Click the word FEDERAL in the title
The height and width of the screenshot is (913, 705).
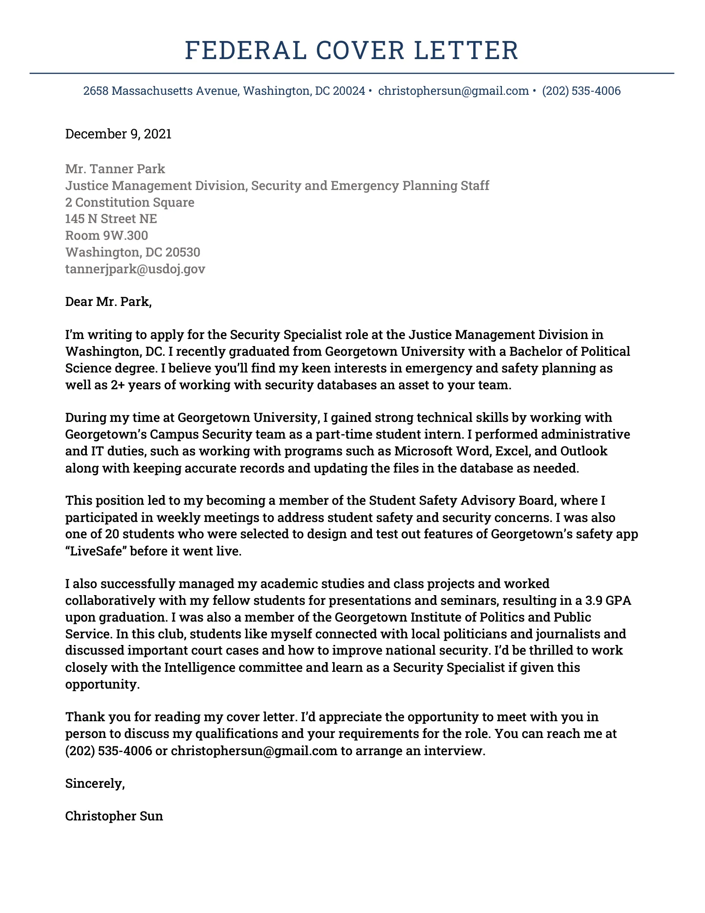pos(245,50)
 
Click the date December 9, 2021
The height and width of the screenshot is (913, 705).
pos(118,134)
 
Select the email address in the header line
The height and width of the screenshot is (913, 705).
pos(453,91)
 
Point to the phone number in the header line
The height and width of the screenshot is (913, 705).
pos(581,91)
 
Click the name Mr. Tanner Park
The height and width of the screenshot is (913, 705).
pos(115,169)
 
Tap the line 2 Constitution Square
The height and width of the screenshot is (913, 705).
pos(130,202)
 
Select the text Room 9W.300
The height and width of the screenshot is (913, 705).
pos(106,235)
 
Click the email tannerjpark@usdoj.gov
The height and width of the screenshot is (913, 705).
pos(135,269)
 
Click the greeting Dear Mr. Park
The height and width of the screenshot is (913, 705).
pos(108,302)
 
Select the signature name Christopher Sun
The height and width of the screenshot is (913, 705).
pos(114,816)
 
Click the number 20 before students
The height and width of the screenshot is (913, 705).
pos(112,534)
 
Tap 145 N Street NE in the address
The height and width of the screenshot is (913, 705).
pos(111,219)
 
